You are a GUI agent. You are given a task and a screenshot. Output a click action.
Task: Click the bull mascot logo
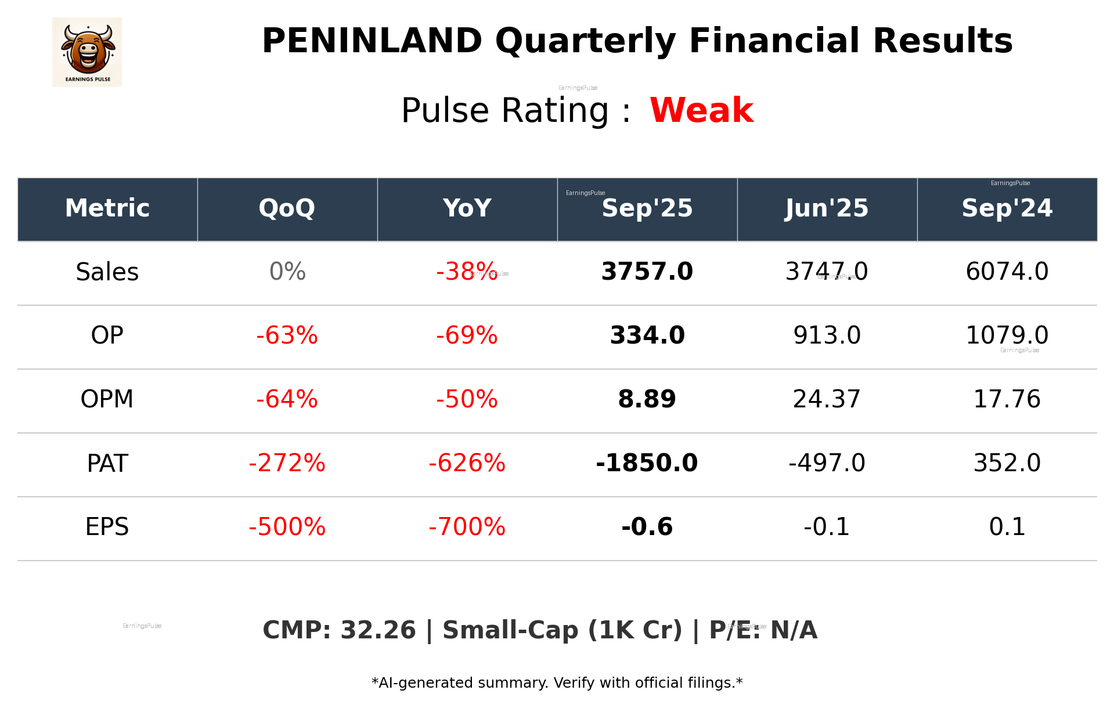coord(87,52)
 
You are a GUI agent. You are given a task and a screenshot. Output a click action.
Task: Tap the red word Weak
coord(701,110)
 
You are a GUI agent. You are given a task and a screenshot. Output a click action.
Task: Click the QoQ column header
coord(287,208)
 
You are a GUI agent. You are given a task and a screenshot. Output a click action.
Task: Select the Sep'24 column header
coord(1007,208)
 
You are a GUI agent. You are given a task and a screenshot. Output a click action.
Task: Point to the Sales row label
coord(107,272)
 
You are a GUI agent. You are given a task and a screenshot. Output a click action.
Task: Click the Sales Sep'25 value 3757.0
coord(647,272)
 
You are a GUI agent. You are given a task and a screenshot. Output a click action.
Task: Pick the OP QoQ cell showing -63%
coord(287,335)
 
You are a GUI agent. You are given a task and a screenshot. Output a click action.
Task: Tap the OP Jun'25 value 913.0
coord(827,335)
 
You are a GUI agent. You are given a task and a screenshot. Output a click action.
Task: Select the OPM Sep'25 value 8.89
coord(647,399)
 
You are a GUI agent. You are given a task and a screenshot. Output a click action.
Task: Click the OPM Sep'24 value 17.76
coord(1007,399)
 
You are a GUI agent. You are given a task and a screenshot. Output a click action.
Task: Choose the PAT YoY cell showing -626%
coord(467,463)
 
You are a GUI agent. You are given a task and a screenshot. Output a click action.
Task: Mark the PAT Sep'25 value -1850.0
coord(647,463)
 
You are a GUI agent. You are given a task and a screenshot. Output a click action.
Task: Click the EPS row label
coord(107,527)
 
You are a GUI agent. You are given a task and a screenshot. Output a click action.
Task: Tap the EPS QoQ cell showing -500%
coord(287,527)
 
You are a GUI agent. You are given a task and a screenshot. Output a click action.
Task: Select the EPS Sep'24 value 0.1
coord(1007,527)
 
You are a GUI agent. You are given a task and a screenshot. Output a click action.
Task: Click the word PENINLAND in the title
coord(372,41)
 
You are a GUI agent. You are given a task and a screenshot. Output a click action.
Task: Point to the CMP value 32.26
coord(378,630)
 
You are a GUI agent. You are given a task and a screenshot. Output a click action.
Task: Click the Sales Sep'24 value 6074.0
coord(1007,272)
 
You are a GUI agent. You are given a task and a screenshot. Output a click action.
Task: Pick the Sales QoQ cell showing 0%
coord(287,272)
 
